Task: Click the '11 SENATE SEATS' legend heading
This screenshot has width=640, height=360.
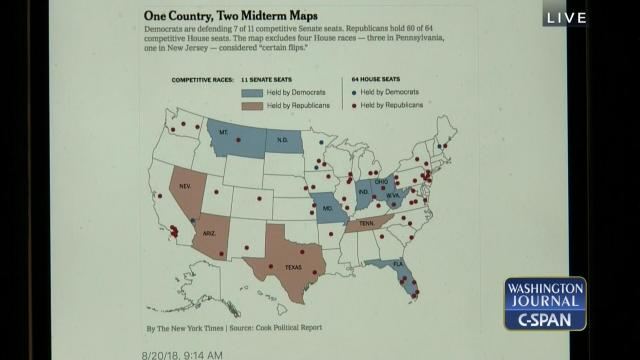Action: tap(268, 77)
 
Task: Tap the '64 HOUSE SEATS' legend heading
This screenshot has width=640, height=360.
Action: tap(379, 77)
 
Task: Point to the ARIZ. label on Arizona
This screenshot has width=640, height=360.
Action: tap(211, 232)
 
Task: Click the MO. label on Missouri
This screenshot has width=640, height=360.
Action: tap(326, 208)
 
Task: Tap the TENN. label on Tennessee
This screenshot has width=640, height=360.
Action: tap(368, 225)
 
